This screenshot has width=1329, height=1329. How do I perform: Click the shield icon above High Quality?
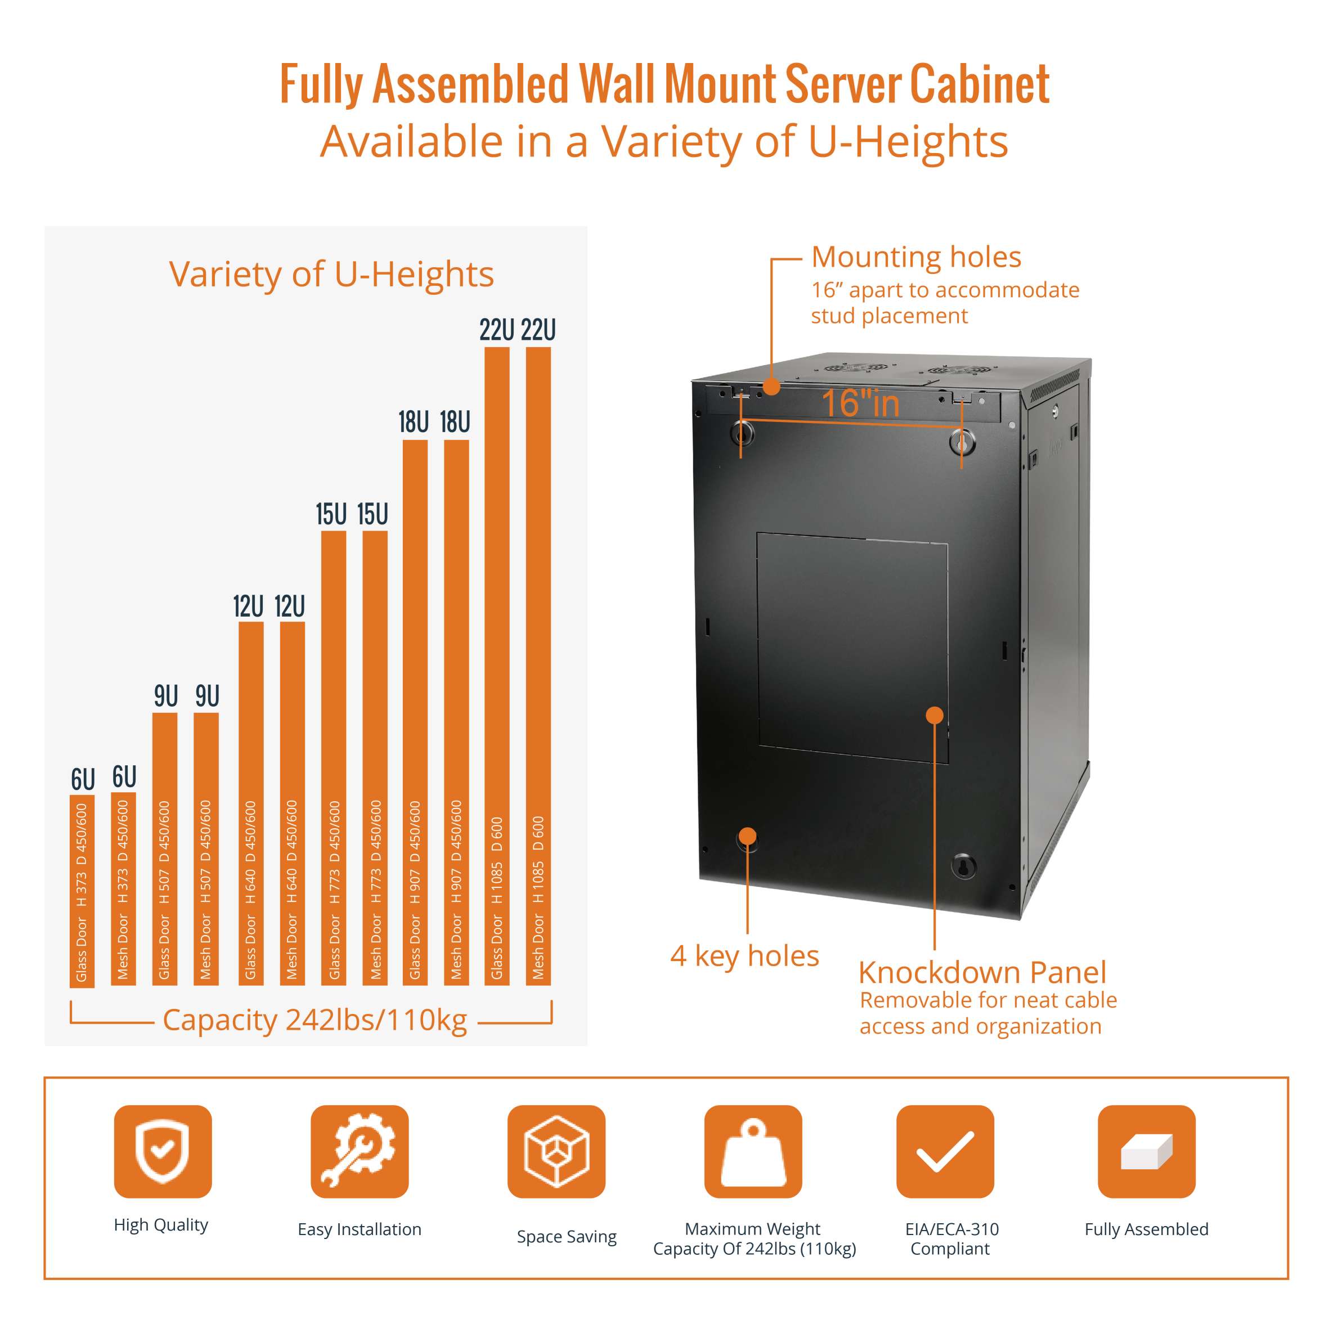(163, 1152)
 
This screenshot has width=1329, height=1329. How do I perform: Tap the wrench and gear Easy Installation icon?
(359, 1152)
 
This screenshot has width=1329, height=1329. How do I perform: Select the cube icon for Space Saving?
(556, 1152)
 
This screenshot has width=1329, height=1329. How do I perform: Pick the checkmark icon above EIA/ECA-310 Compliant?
(945, 1152)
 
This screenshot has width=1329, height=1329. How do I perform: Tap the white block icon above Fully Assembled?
(1146, 1152)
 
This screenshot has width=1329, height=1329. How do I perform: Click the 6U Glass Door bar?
(82, 891)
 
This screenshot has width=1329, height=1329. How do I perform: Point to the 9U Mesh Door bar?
(206, 849)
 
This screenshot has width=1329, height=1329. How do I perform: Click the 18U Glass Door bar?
(415, 712)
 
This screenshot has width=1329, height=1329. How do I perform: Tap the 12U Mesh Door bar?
(293, 803)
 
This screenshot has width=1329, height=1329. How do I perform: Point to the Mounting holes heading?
(915, 257)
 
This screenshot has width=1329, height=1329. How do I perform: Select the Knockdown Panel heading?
(982, 973)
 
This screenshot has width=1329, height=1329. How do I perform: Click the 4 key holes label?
(744, 956)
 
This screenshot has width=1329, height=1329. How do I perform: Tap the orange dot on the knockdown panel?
(934, 715)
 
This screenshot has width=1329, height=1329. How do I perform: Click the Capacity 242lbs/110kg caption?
(315, 1020)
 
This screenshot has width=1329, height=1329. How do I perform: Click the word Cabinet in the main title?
(980, 84)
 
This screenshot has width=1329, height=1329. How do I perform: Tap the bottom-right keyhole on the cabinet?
(963, 866)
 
